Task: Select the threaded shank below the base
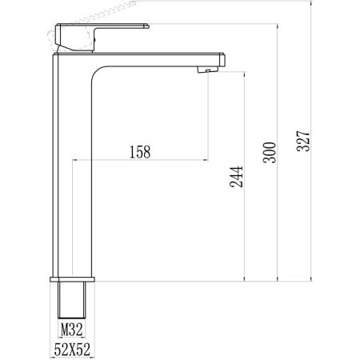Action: pos(73,300)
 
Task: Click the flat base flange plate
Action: pos(73,280)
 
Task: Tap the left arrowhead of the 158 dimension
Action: pos(76,160)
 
